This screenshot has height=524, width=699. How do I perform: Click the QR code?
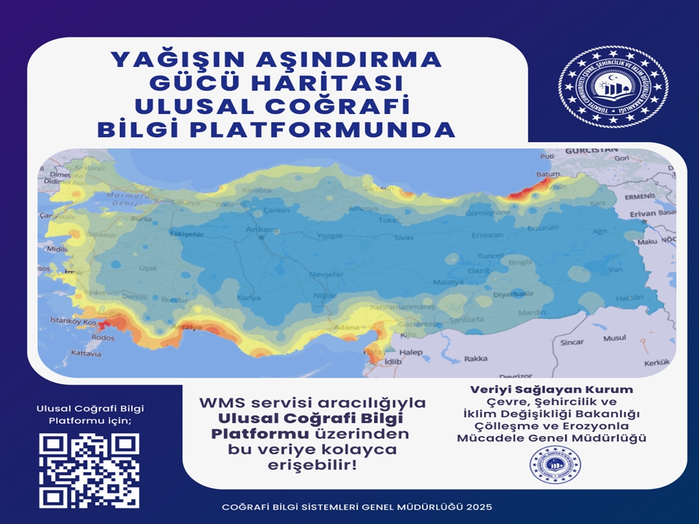coord(89,470)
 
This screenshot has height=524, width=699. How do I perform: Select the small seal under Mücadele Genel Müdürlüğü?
coord(555,465)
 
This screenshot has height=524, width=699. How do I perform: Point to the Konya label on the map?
coord(248,298)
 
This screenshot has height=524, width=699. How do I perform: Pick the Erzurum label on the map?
coord(543,228)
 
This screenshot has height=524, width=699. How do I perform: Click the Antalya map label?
coord(189,327)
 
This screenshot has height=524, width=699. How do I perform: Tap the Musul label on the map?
coord(614,338)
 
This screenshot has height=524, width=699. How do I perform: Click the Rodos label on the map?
coord(102,338)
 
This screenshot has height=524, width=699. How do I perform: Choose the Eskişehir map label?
coord(187,233)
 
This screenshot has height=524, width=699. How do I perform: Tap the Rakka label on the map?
coord(476,359)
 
